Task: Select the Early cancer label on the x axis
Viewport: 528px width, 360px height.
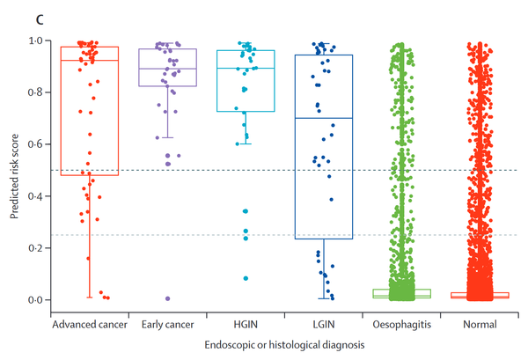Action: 166,325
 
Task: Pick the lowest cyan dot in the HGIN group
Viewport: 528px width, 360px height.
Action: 246,278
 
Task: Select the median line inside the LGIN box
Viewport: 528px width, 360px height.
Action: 323,118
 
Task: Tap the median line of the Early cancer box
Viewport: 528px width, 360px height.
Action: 167,69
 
